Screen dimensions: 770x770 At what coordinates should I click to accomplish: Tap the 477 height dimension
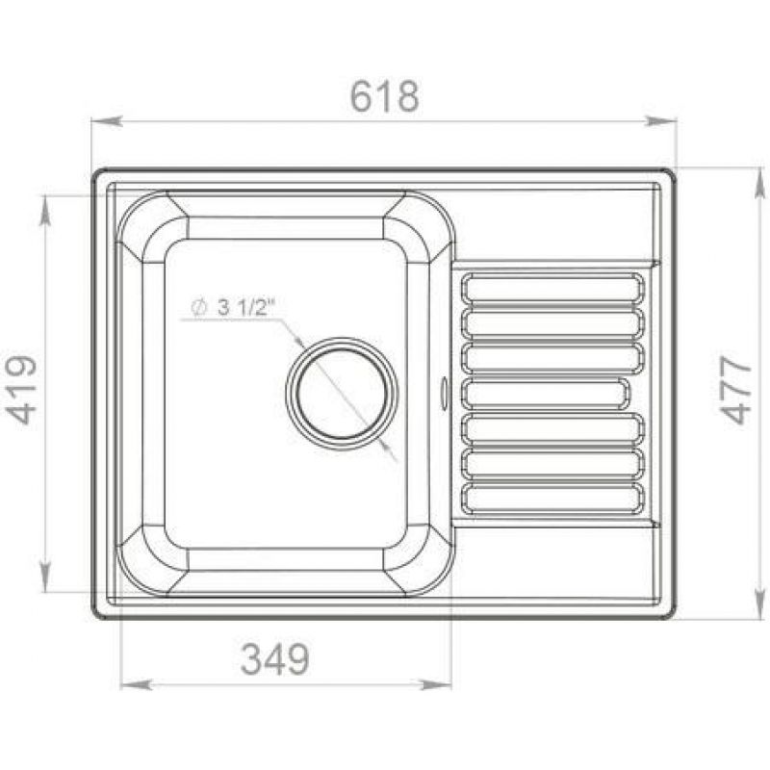[x=735, y=390]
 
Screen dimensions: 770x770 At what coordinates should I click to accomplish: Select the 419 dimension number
[x=21, y=390]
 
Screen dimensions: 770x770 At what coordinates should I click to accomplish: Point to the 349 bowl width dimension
[x=275, y=658]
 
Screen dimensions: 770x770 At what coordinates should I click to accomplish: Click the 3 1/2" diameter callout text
[x=244, y=308]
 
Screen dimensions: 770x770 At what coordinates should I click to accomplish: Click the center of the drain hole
[x=342, y=394]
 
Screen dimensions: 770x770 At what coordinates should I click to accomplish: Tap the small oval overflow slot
[x=445, y=393]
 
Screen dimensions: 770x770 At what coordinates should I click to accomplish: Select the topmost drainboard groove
[x=552, y=287]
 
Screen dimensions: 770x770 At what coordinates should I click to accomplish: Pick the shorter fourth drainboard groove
[x=545, y=394]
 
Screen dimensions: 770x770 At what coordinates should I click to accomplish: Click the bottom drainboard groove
[x=552, y=499]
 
